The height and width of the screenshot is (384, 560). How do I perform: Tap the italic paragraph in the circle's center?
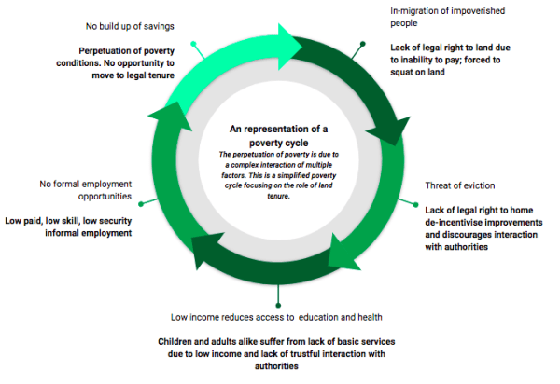277,174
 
